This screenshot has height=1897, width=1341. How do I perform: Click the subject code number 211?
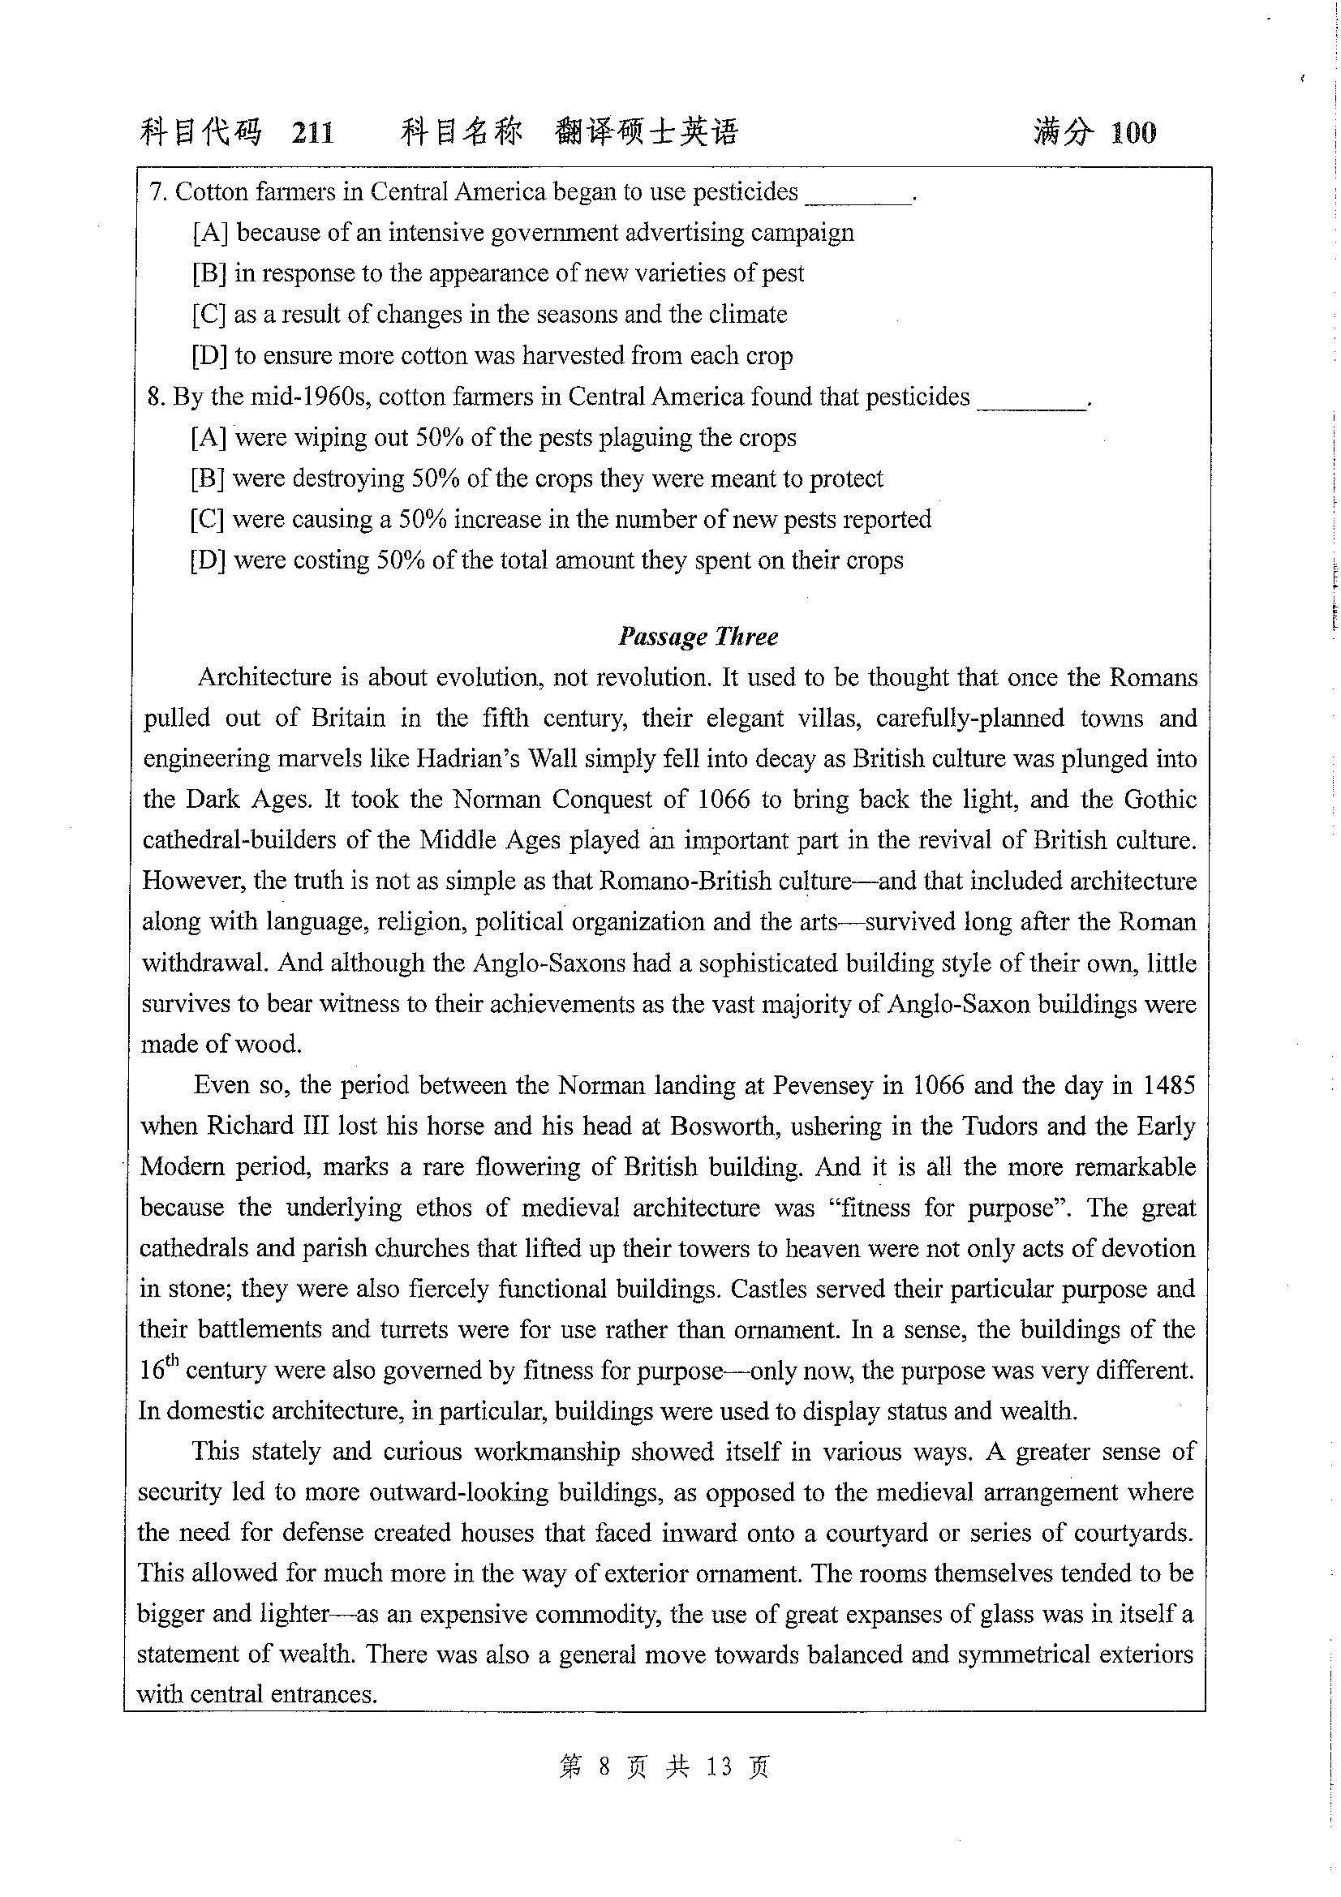[312, 132]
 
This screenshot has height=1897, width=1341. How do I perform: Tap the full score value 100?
[1133, 132]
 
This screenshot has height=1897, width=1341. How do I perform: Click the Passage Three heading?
[698, 636]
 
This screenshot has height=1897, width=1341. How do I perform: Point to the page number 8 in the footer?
[604, 1767]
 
